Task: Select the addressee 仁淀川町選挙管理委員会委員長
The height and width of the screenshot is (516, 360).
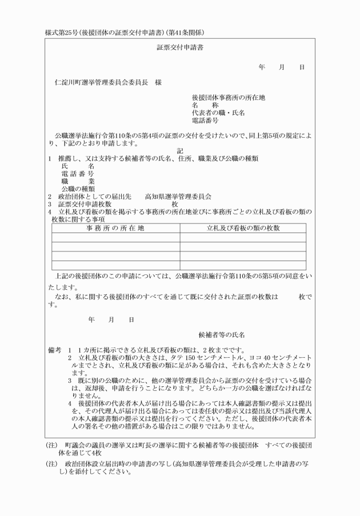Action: coord(100,82)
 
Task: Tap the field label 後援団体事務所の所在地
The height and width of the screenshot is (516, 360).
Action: coord(228,97)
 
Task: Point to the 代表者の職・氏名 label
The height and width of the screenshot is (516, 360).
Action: coord(218,113)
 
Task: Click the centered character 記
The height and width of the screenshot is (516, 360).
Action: coord(180,151)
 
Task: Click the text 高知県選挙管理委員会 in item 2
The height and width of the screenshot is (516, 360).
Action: coord(178,195)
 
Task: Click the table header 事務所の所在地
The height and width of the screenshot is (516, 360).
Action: coord(115,229)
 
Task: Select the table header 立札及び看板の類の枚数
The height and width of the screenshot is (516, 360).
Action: coord(243,229)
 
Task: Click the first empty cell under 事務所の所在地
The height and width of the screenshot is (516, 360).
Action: coord(115,238)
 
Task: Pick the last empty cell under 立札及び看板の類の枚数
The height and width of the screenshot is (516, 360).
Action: coord(243,265)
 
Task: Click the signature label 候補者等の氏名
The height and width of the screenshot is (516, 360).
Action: coord(222,334)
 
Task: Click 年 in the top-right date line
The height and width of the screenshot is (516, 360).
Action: coord(262,67)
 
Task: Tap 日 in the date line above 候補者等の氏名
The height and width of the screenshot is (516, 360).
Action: coord(131,319)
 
